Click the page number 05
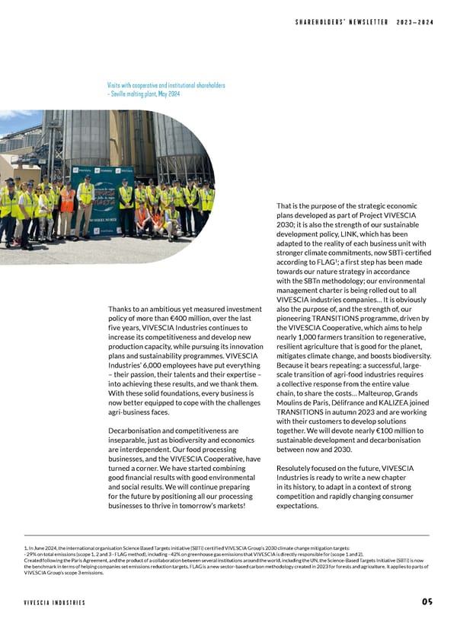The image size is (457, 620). (427, 602)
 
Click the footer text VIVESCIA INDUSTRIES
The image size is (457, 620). (54, 603)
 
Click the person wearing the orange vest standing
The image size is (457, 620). (68, 202)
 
